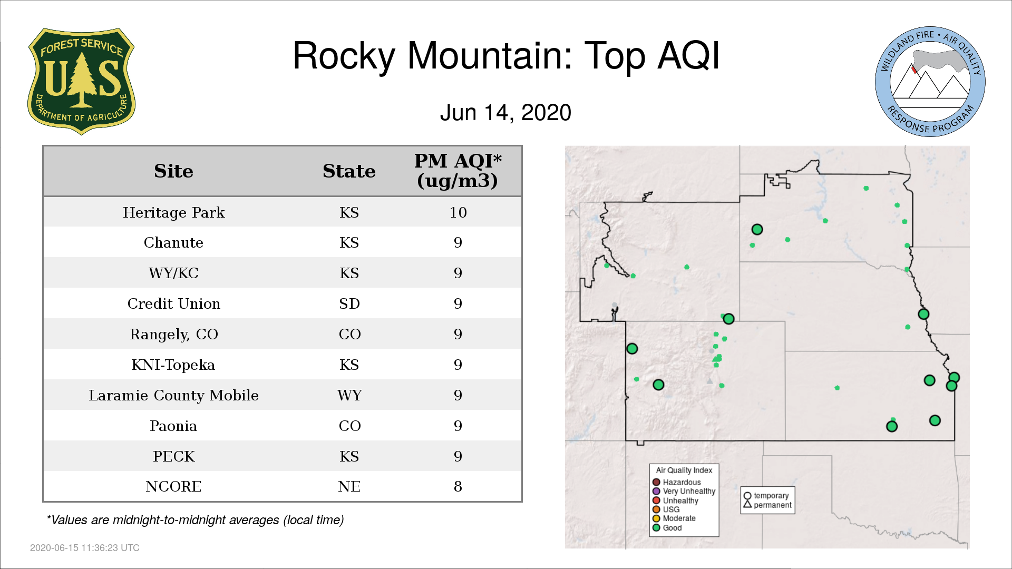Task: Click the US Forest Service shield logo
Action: point(81,81)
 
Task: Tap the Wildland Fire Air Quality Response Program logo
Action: point(930,82)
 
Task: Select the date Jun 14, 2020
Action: point(505,113)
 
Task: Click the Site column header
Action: point(173,171)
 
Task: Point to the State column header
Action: point(349,171)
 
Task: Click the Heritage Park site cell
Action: point(173,212)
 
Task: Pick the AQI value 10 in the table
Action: point(458,212)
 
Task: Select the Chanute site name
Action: point(173,242)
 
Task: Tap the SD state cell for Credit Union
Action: point(349,303)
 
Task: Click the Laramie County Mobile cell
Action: point(173,395)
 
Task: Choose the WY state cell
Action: point(349,395)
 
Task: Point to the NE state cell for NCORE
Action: point(349,486)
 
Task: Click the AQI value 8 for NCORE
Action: point(458,486)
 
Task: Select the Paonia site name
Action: point(173,426)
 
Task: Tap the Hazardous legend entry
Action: point(677,482)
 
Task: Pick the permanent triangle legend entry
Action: point(767,505)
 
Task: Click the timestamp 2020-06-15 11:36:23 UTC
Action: point(85,548)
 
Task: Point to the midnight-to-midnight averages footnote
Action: point(195,520)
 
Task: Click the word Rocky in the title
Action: point(344,56)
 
